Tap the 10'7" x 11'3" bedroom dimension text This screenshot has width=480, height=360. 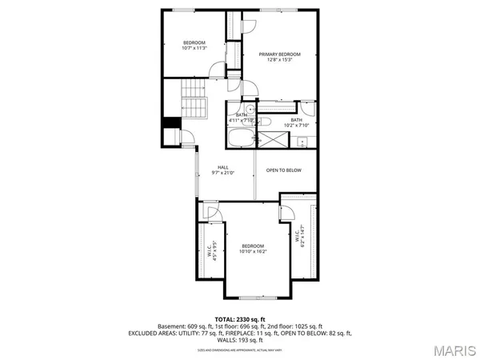click(194, 48)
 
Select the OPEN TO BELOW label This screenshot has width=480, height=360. click(282, 170)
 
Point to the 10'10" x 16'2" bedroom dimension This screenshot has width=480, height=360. click(253, 251)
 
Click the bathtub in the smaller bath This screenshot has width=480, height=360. click(238, 141)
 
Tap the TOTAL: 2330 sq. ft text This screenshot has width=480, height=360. click(240, 318)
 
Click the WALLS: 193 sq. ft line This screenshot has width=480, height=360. click(240, 339)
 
